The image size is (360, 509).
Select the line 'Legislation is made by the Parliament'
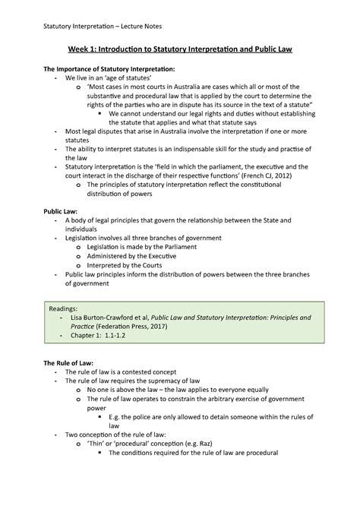[143, 248]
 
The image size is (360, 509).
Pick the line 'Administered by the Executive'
[131, 258]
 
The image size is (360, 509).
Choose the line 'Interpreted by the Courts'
[124, 267]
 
